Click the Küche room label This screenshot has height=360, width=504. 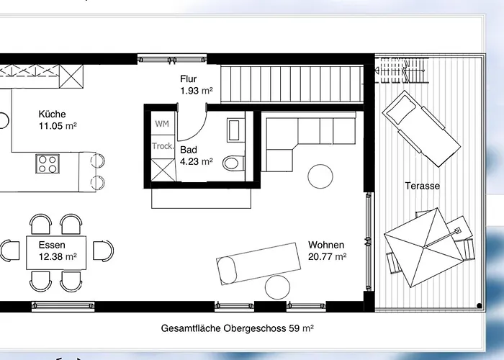[52, 114]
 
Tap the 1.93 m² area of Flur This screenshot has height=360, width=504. [197, 91]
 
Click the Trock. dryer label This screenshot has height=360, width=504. [163, 146]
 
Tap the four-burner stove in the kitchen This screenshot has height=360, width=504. [48, 164]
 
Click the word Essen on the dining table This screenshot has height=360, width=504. [52, 245]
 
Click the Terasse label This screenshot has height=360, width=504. [423, 186]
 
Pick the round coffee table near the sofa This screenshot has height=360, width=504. [320, 176]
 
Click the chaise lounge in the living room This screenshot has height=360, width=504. [258, 264]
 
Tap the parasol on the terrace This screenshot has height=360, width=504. [423, 248]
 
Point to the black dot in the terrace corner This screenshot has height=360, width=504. [480, 306]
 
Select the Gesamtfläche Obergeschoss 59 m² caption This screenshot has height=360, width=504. [237, 328]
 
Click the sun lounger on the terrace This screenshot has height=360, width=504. [421, 129]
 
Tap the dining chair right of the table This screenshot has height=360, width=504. [103, 251]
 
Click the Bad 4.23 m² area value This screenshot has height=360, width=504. [197, 161]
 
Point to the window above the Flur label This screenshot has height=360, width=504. [172, 60]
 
